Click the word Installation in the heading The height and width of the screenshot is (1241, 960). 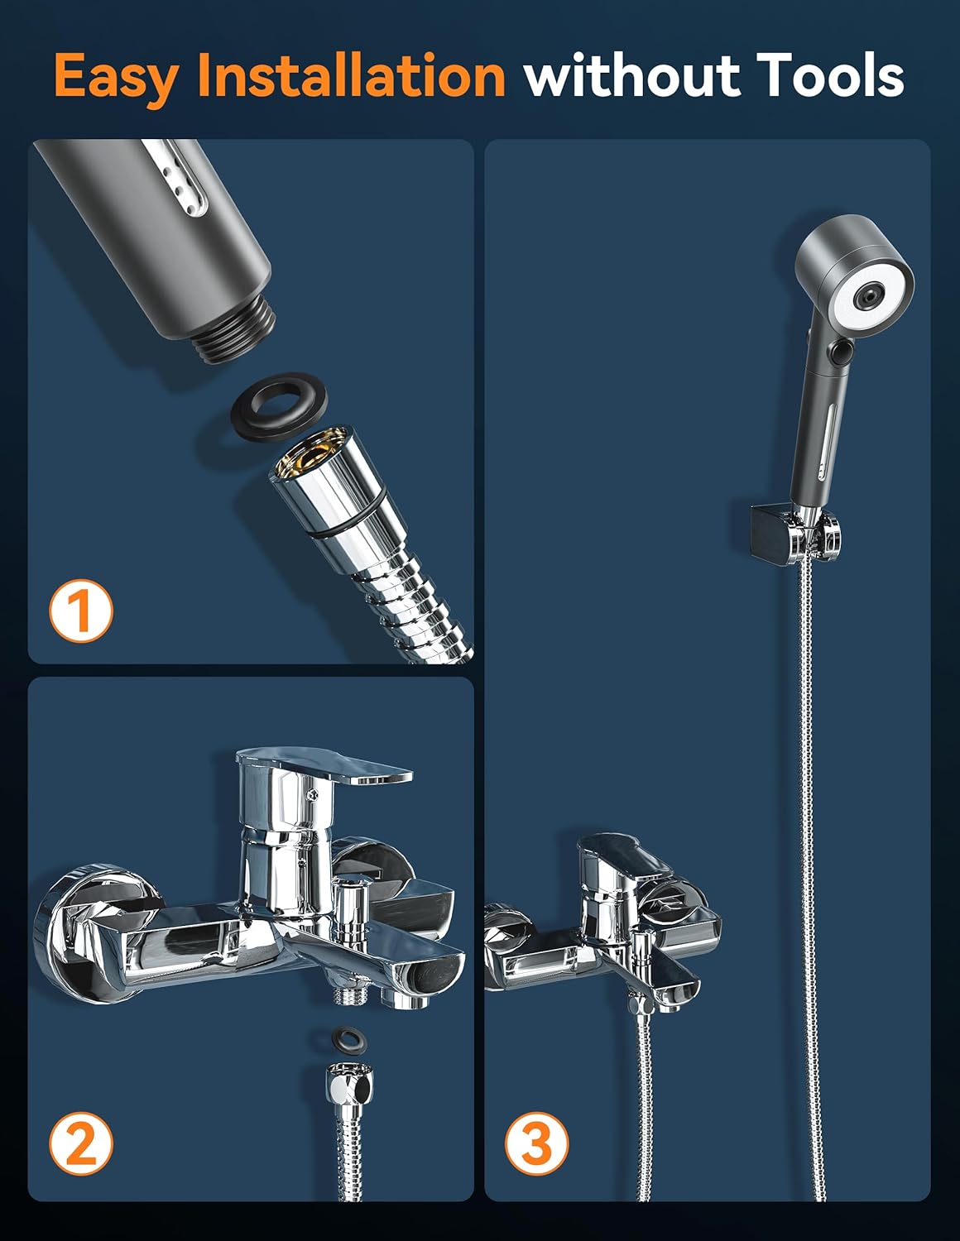coord(352,74)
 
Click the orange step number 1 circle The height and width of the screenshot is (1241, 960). coord(81,611)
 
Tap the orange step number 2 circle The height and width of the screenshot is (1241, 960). coord(81,1143)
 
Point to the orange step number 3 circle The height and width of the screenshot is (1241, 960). coord(537,1143)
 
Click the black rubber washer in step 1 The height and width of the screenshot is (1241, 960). coord(279,406)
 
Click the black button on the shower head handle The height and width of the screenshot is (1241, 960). coord(841,352)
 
